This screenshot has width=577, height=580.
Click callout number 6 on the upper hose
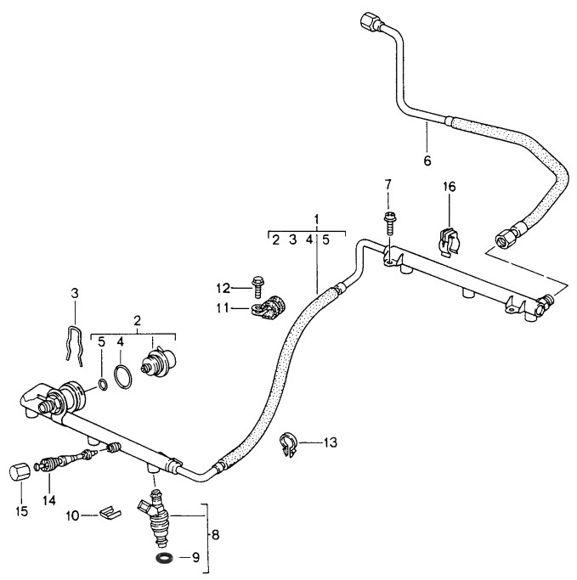427,160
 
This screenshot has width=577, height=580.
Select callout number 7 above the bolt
388,184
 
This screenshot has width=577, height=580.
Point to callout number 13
330,442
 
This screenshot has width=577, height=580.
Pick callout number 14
49,500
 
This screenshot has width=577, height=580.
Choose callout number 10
72,515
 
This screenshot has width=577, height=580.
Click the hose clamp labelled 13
290,444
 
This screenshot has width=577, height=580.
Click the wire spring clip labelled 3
74,344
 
